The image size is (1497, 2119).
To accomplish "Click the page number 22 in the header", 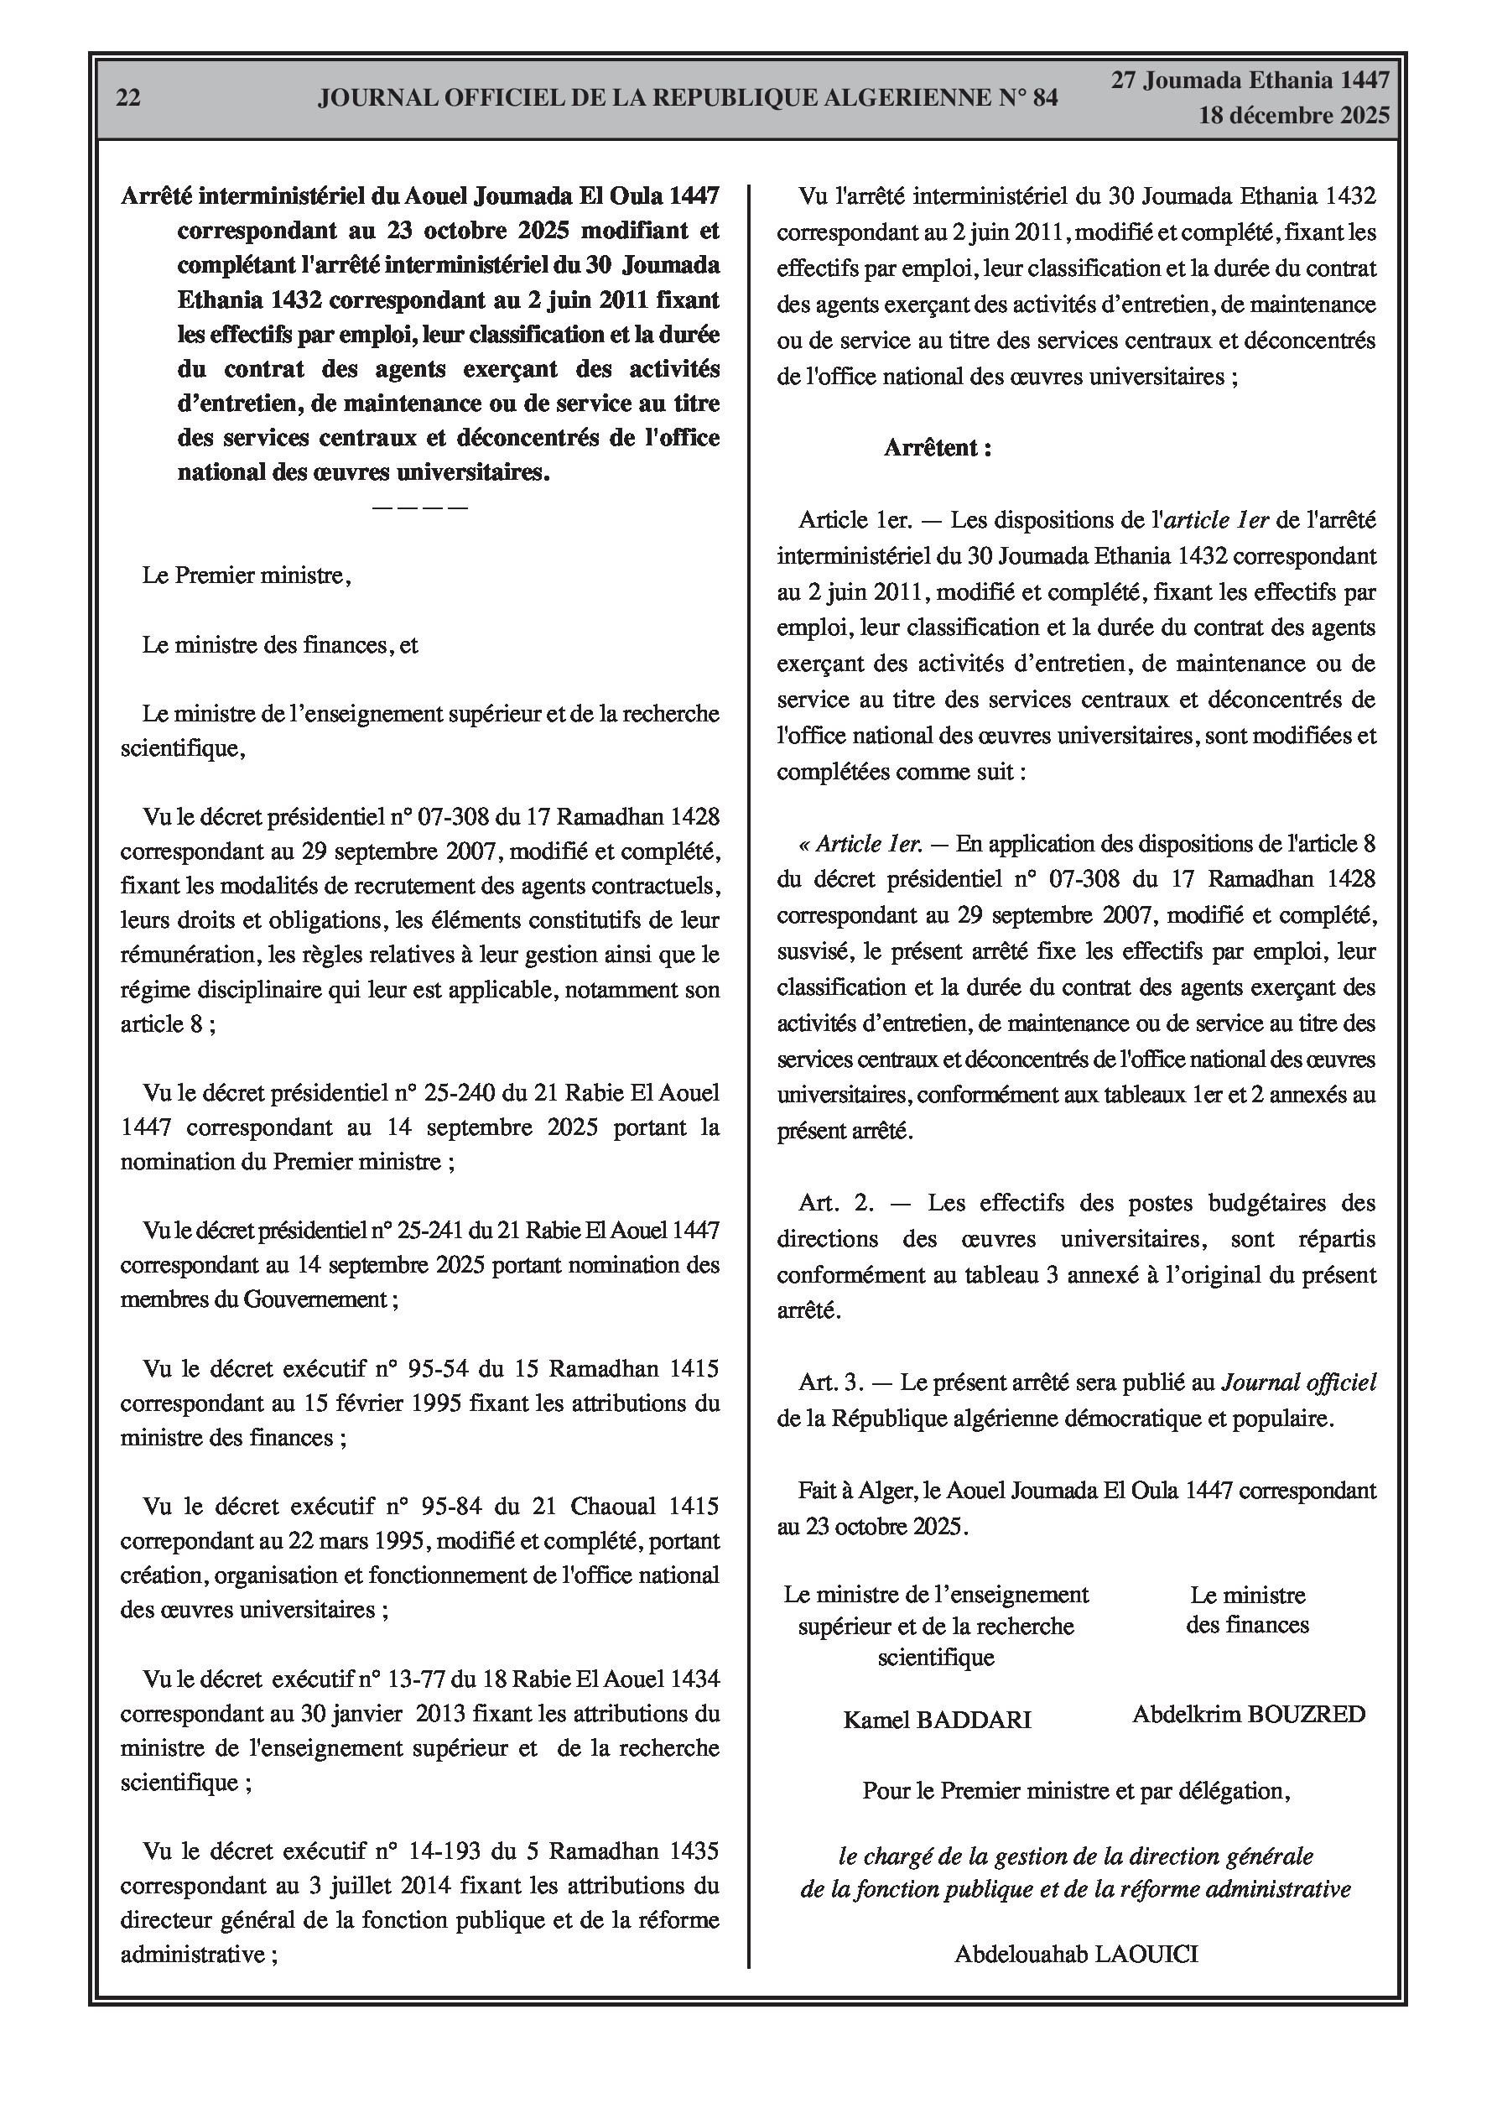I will coord(128,98).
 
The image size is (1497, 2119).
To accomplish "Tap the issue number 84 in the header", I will coord(1045,98).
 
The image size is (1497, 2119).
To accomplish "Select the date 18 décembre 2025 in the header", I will coord(1293,117).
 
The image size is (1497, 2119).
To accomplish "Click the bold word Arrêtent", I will coord(937,449).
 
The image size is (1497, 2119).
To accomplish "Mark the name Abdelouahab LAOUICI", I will coord(1076,1954).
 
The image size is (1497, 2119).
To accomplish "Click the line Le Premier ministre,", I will coord(247,576).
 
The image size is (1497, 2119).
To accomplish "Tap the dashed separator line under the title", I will coord(420,508).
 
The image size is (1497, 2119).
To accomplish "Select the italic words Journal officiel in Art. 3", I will coord(1298,1382).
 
